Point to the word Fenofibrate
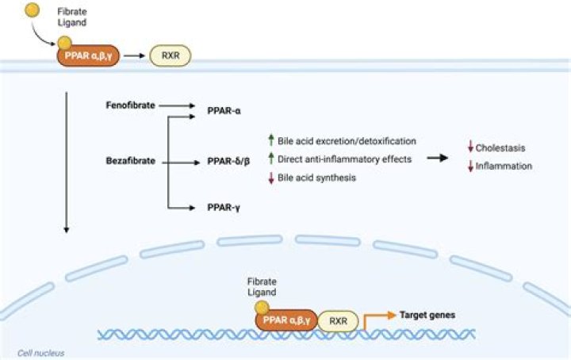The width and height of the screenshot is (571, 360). pos(131,105)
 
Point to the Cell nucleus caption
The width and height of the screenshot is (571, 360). pos(41,352)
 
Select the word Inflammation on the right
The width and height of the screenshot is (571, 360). pos(504,166)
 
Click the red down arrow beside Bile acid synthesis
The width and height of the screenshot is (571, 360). pos(270,178)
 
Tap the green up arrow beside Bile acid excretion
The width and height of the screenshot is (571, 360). pos(270,140)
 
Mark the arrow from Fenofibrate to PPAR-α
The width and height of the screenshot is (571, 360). pos(178,105)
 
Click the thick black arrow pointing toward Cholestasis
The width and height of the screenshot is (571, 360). pos(436,158)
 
